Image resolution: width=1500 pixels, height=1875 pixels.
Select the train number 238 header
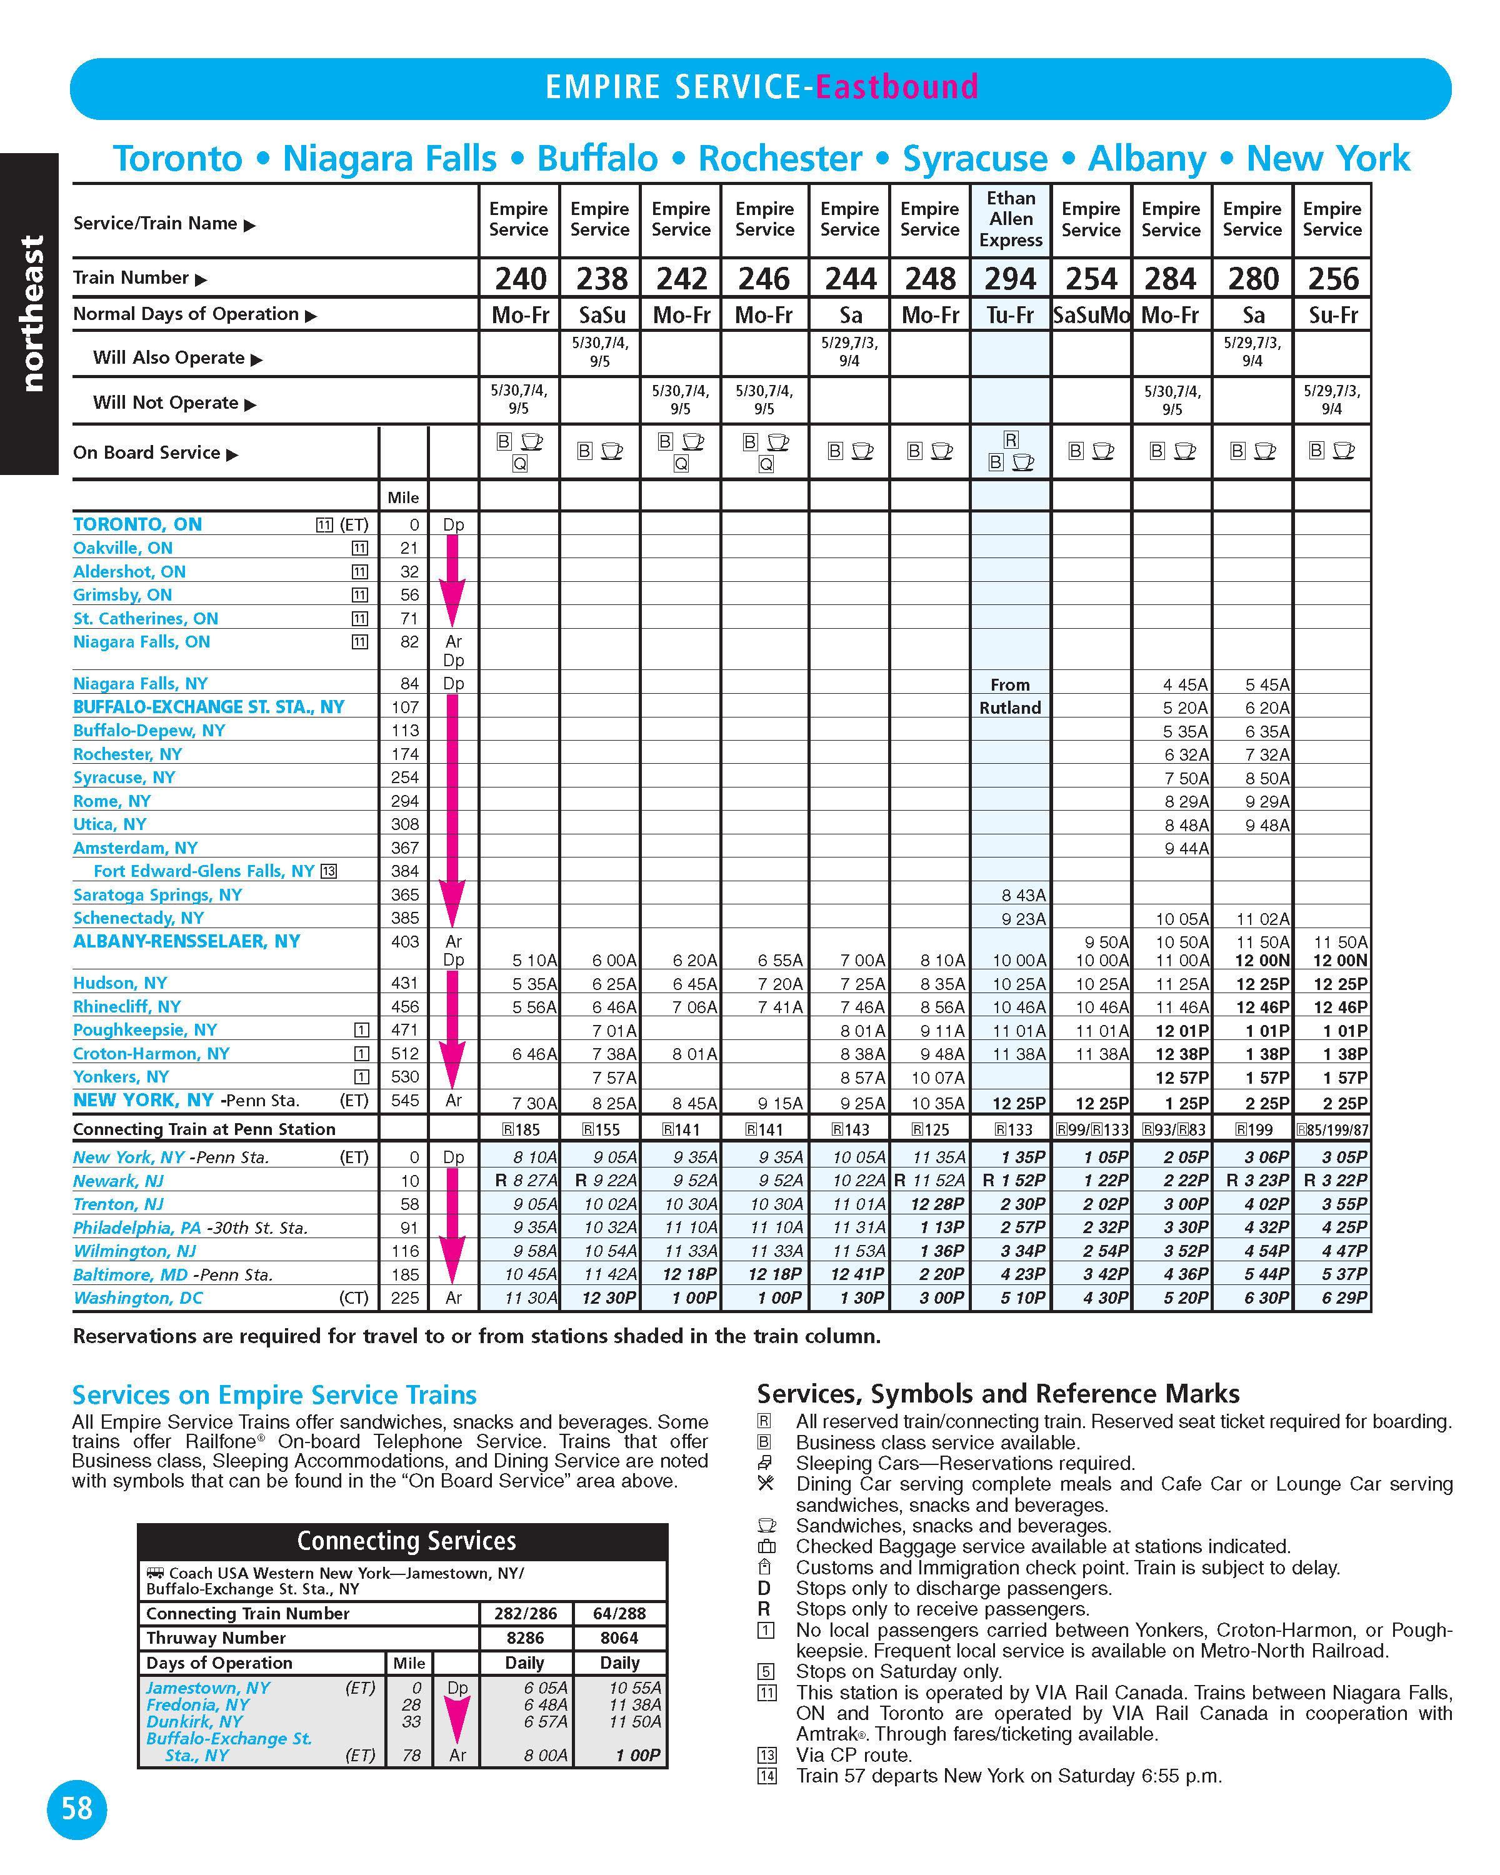(601, 279)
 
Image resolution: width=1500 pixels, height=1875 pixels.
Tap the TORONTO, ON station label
(137, 524)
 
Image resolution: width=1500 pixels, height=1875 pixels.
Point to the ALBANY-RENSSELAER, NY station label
(186, 941)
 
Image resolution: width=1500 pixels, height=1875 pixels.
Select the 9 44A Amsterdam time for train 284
(1186, 848)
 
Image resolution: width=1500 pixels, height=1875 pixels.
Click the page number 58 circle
(76, 1809)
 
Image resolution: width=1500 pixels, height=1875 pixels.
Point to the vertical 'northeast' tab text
(31, 313)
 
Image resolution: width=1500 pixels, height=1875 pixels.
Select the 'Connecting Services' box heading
(406, 1542)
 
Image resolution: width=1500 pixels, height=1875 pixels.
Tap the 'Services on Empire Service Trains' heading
(274, 1396)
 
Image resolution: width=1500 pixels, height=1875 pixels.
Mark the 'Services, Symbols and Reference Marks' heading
(998, 1394)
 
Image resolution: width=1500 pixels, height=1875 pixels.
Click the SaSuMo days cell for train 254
(1091, 315)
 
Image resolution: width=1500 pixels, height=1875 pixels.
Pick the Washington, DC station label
(137, 1298)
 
